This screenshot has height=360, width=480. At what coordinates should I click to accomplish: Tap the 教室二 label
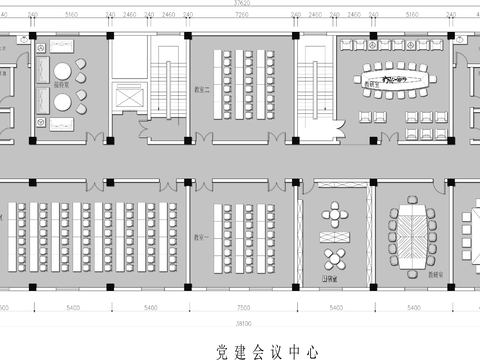coord(200,87)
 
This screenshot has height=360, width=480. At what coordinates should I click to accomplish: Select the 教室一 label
coord(200,238)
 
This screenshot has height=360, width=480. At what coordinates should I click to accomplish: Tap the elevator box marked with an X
coord(130,101)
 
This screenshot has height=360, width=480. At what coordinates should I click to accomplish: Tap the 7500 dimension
coord(242,309)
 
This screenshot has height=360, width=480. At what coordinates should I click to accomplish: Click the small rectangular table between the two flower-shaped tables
coord(333,236)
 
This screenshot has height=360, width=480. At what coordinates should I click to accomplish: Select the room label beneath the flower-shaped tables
coord(327,279)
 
